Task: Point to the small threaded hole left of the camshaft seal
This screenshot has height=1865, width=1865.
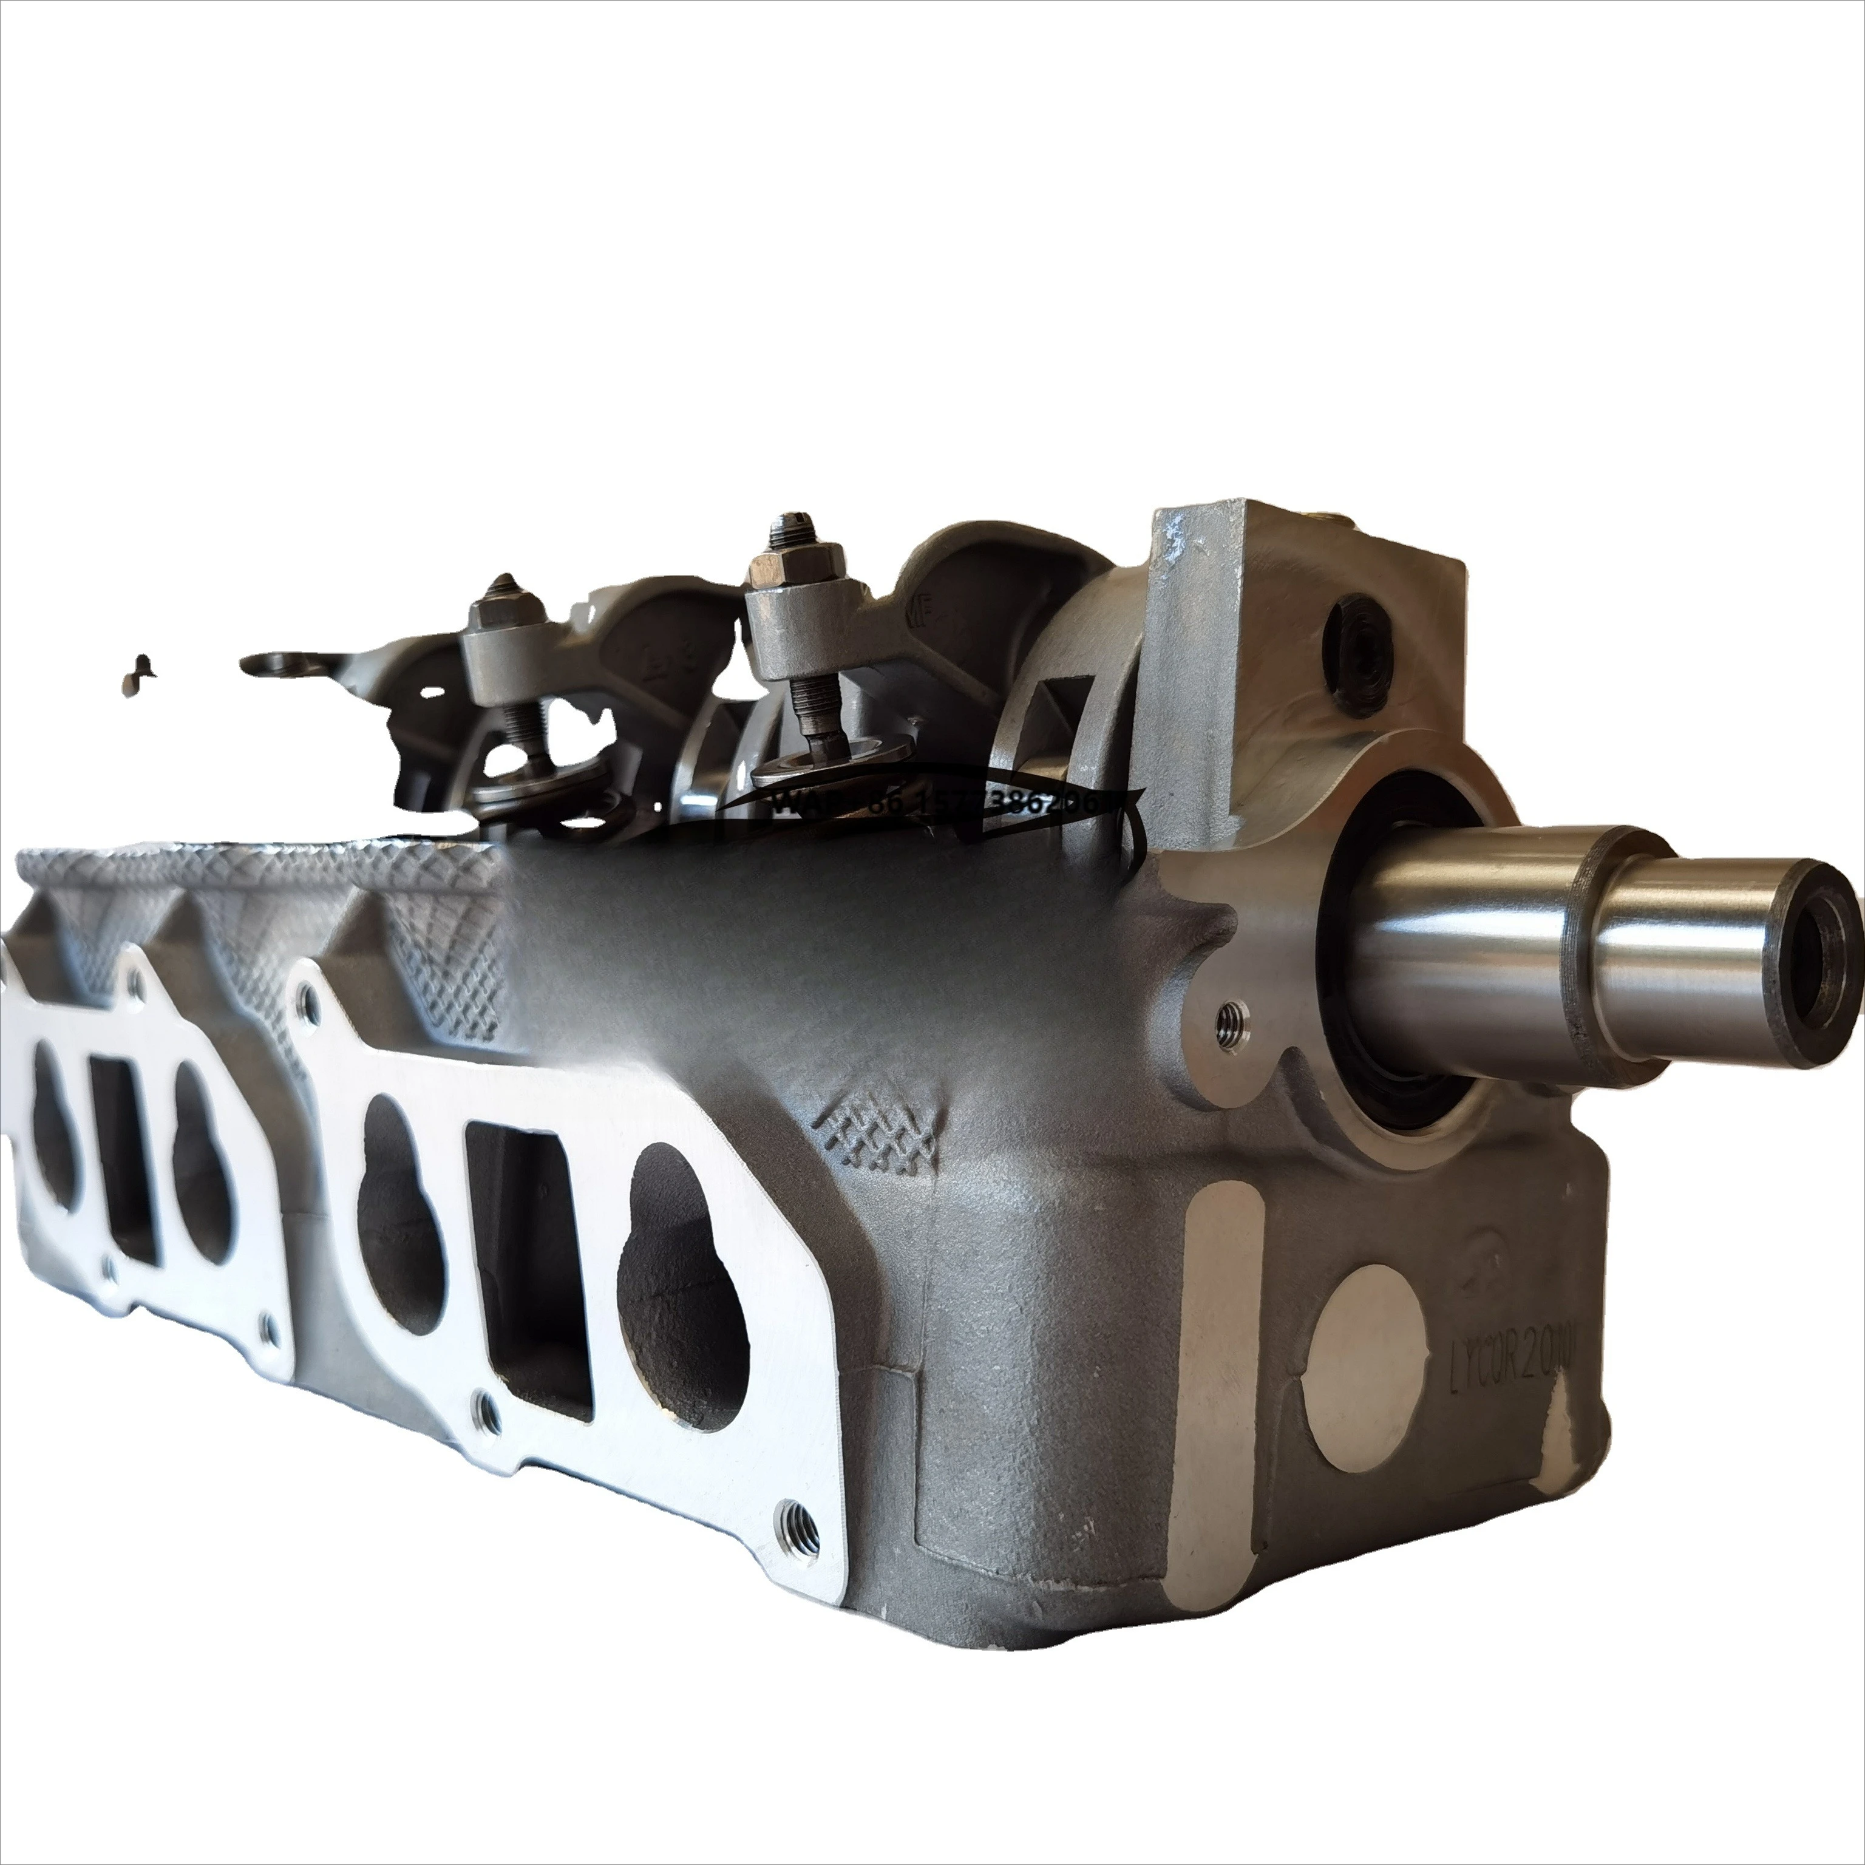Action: click(1231, 1014)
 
